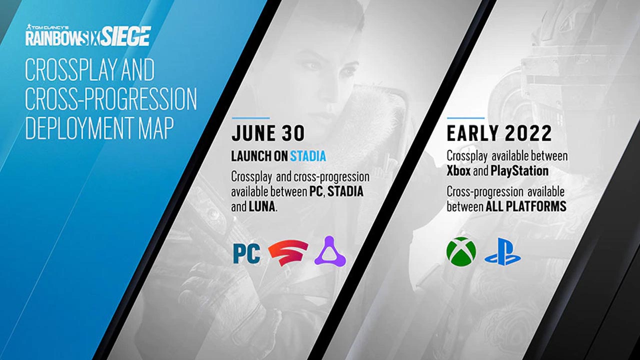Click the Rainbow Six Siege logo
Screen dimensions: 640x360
coord(88,35)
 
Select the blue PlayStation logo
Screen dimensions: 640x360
coord(502,251)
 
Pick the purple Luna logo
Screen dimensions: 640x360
coord(330,251)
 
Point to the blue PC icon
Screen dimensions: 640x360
coord(247,253)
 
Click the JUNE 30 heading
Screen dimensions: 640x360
coord(268,133)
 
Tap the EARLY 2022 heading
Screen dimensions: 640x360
coord(499,133)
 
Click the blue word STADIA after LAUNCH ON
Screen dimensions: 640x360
coord(308,156)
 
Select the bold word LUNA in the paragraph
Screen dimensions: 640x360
coord(262,206)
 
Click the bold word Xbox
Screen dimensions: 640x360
coord(458,171)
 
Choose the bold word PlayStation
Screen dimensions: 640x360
coord(519,171)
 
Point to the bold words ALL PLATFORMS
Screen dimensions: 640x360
coord(526,206)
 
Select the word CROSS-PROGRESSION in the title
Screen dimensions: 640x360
coord(111,99)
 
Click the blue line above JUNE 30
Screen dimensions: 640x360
coord(250,117)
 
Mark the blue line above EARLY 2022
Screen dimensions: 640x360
coord(465,117)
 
